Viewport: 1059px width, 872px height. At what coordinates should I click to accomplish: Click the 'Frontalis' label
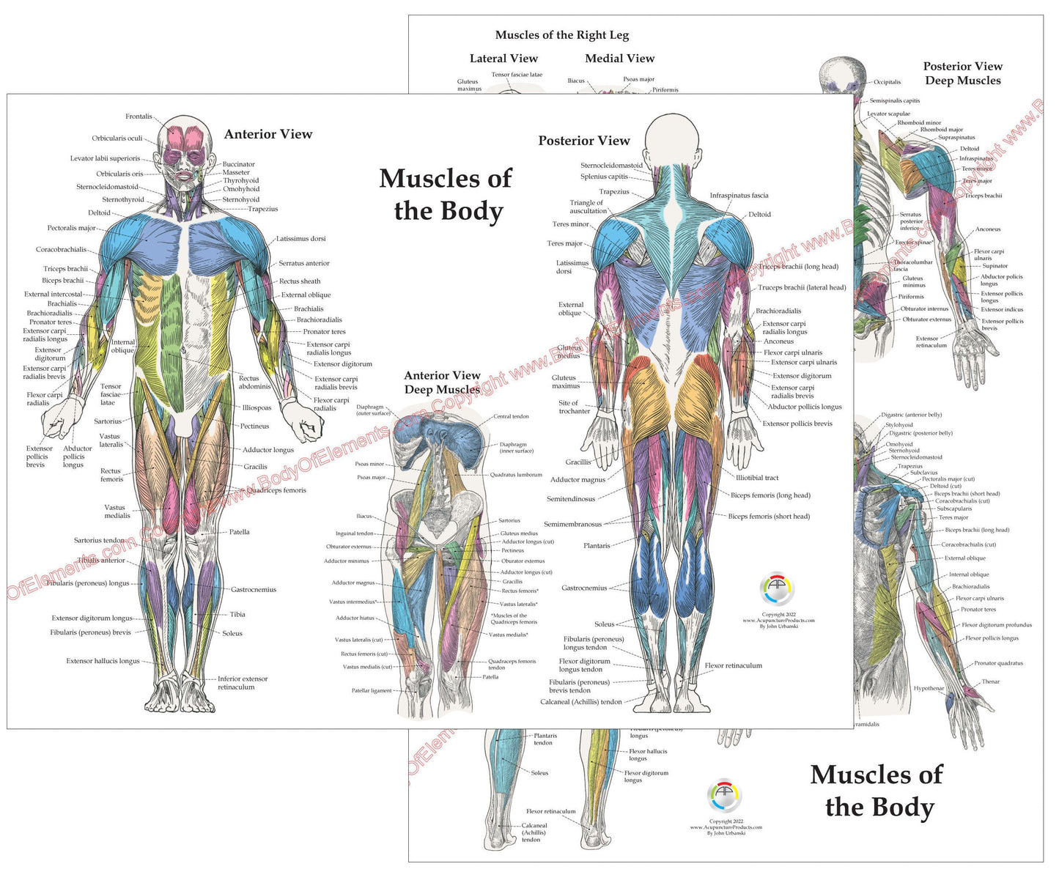click(139, 117)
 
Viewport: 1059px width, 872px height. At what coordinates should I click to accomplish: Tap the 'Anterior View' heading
click(268, 134)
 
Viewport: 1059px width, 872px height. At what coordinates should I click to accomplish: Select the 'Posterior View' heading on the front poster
click(584, 141)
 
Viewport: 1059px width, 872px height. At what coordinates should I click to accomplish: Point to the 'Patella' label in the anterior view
click(240, 532)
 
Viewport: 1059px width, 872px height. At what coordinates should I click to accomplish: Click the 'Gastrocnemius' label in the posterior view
click(584, 588)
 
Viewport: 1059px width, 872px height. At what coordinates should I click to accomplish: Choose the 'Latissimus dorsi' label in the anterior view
click(300, 239)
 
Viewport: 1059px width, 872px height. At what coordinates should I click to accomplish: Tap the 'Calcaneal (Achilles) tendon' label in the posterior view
click(580, 702)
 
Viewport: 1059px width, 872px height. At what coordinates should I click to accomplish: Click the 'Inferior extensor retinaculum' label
click(242, 683)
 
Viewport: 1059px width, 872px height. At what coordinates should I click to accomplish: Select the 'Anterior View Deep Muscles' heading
click(442, 383)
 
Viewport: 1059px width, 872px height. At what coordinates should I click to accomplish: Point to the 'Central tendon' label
click(511, 416)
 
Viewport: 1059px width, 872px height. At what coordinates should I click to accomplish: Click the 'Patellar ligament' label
click(372, 690)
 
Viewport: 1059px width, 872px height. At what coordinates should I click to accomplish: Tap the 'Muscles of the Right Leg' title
click(562, 35)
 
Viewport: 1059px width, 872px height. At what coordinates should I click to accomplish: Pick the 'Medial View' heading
click(620, 59)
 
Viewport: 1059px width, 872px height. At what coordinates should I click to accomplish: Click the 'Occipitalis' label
click(887, 82)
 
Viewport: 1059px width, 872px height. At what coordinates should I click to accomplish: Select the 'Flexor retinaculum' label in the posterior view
click(733, 665)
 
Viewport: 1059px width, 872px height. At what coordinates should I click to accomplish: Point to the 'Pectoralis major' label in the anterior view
click(71, 228)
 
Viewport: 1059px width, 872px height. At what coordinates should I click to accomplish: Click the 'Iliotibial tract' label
click(757, 478)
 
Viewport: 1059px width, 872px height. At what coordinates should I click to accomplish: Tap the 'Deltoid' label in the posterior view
click(760, 215)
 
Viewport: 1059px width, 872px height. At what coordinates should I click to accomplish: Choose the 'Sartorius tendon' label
click(99, 541)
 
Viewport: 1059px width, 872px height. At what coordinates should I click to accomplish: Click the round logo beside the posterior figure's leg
click(778, 589)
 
